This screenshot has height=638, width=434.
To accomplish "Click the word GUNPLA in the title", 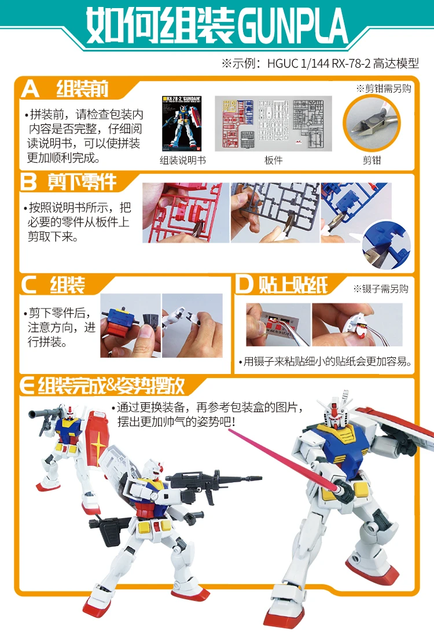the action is pos(292,25).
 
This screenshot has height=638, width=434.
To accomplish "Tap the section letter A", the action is pos(30,89).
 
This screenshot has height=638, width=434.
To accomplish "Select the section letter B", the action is pos(28,181).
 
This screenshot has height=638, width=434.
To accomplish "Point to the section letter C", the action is pos(29,285).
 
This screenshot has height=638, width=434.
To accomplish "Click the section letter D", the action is pos(244,284).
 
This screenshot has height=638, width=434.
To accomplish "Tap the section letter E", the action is pos(27,386).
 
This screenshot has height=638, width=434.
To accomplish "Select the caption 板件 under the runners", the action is pos(273,160).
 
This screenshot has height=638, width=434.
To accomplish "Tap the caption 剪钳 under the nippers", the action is pos(372,160).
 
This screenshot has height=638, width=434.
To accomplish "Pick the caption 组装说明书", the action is pos(183,160).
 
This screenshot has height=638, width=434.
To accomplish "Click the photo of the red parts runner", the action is pos(186,213).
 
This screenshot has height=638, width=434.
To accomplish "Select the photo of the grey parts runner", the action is pos(275,213).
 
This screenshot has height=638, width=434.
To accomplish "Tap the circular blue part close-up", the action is pos(387,244).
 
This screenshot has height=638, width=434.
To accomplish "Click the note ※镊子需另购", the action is pos(381,289).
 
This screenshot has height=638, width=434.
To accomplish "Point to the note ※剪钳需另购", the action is pos(384,89).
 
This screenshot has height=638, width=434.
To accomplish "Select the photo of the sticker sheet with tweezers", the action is pos(278,325).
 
